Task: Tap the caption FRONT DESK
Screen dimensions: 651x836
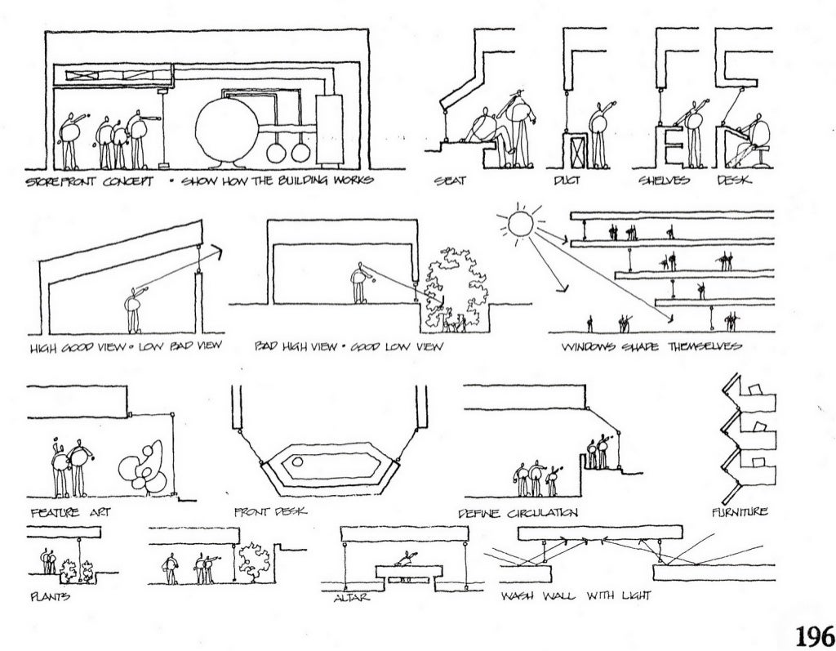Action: [269, 513]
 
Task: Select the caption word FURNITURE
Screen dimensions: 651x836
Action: [740, 513]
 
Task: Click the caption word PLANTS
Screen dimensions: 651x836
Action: [50, 597]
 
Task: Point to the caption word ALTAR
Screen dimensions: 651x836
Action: [353, 599]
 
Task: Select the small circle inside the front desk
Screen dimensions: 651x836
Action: [298, 462]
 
